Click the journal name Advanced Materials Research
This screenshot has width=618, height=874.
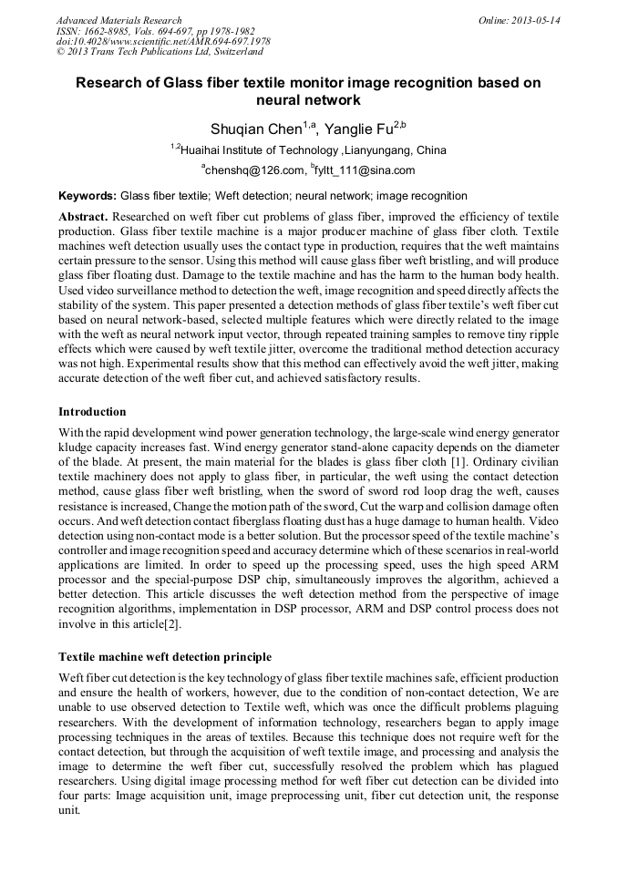pyautogui.click(x=118, y=20)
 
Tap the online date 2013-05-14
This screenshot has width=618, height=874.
pyautogui.click(x=535, y=20)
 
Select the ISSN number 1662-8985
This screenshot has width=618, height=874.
pyautogui.click(x=109, y=31)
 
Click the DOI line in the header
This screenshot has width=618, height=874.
pyautogui.click(x=163, y=42)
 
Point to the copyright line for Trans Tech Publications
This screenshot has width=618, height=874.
pyautogui.click(x=160, y=52)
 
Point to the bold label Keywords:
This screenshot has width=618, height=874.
pyautogui.click(x=88, y=196)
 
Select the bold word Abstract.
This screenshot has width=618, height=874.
pyautogui.click(x=84, y=217)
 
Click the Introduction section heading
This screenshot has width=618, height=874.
pyautogui.click(x=92, y=412)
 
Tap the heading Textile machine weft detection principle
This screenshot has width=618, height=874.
pyautogui.click(x=165, y=656)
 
